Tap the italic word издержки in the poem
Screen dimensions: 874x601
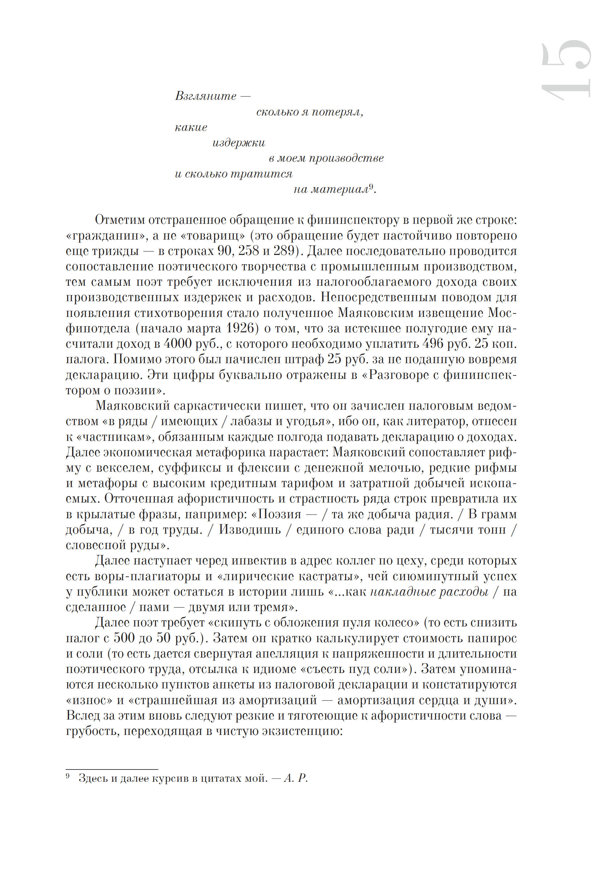pyautogui.click(x=239, y=143)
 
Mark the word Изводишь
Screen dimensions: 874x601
pyautogui.click(x=250, y=530)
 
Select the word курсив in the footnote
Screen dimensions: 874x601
pyautogui.click(x=170, y=778)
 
